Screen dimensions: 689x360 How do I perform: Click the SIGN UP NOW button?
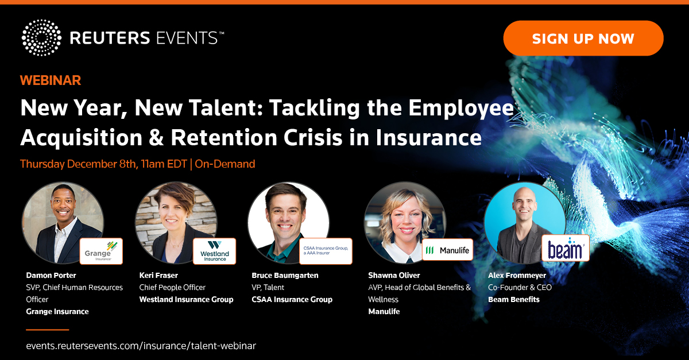[583, 38]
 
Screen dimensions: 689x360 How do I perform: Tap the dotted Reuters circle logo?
[41, 37]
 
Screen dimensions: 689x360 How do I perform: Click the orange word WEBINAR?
[51, 80]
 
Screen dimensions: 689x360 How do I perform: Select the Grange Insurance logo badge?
[101, 251]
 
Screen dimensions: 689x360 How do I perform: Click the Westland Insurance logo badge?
[214, 251]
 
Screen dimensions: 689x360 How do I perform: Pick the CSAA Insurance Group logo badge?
[326, 251]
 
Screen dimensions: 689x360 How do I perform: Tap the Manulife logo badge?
[447, 250]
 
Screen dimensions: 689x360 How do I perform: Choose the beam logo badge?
[566, 248]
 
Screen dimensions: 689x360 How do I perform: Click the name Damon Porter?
[51, 275]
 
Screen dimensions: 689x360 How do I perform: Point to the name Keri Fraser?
[158, 275]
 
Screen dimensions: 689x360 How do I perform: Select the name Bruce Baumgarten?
[285, 276]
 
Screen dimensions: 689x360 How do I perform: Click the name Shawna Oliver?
[394, 275]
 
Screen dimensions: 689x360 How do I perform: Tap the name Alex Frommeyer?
[517, 276]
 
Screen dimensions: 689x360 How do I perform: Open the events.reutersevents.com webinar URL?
[141, 346]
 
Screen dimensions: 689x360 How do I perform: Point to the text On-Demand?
[225, 164]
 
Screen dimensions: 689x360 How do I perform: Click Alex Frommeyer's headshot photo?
[525, 223]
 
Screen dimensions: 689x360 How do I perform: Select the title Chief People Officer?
[172, 288]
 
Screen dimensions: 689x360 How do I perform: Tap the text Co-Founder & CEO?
[520, 288]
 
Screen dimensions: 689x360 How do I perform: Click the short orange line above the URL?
[47, 330]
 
